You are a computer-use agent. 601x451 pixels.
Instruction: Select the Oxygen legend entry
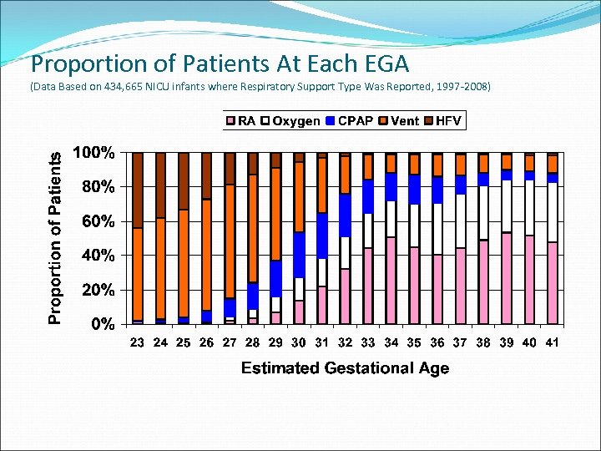(x=290, y=121)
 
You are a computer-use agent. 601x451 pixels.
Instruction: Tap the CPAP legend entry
(x=348, y=121)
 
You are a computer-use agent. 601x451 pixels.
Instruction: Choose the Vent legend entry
(x=398, y=121)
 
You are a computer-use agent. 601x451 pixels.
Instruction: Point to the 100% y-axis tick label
(x=95, y=153)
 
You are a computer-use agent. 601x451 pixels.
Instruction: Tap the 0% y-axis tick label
(x=103, y=324)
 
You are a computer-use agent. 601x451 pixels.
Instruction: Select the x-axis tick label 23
(x=138, y=342)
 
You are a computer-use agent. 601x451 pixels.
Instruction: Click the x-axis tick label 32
(x=345, y=342)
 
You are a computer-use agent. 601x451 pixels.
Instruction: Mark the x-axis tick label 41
(x=552, y=342)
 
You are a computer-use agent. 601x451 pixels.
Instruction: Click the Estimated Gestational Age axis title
(x=345, y=368)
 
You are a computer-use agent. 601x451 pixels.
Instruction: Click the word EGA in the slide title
(x=382, y=63)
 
